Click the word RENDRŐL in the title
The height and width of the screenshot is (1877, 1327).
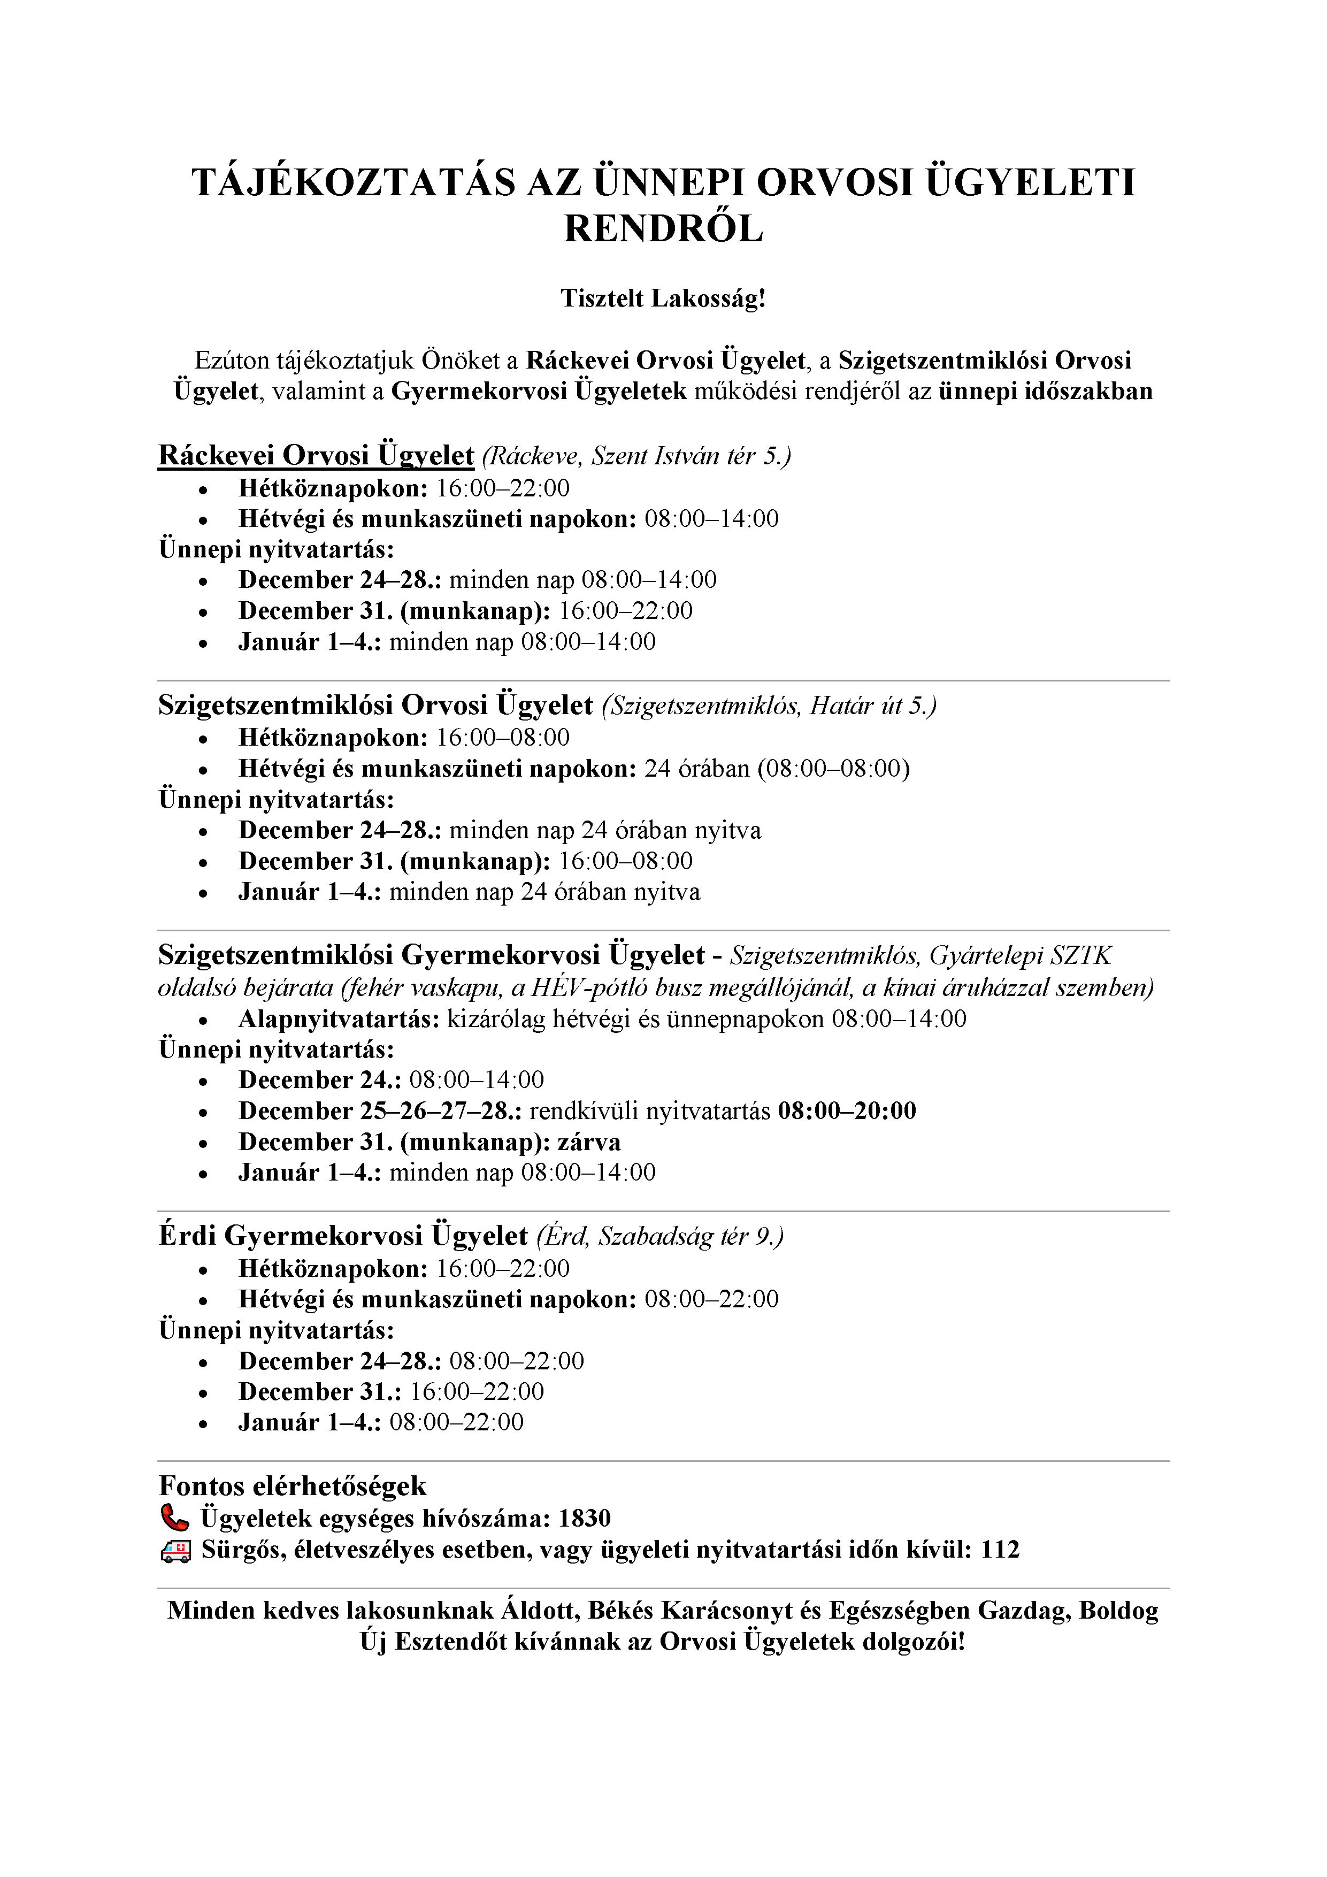pos(663,229)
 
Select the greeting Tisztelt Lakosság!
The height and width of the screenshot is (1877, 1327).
pos(663,298)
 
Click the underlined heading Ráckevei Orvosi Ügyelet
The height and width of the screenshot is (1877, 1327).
pos(316,455)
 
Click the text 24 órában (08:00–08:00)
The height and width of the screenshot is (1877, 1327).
pos(777,769)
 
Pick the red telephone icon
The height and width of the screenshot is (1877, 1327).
pos(174,1518)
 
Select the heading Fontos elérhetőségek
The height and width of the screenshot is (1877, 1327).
pos(293,1486)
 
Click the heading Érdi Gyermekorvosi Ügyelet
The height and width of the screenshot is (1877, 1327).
pos(343,1235)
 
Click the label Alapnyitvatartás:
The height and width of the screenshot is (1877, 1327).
pos(339,1018)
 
